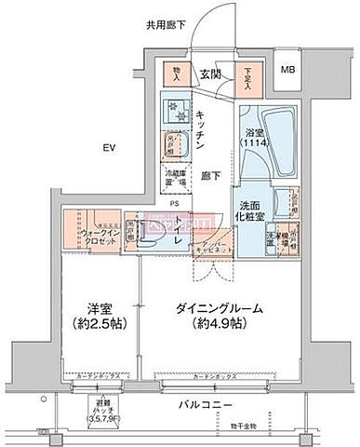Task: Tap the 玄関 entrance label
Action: click(209, 74)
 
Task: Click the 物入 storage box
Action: click(174, 74)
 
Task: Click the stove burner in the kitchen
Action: click(175, 113)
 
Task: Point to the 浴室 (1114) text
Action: click(254, 140)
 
